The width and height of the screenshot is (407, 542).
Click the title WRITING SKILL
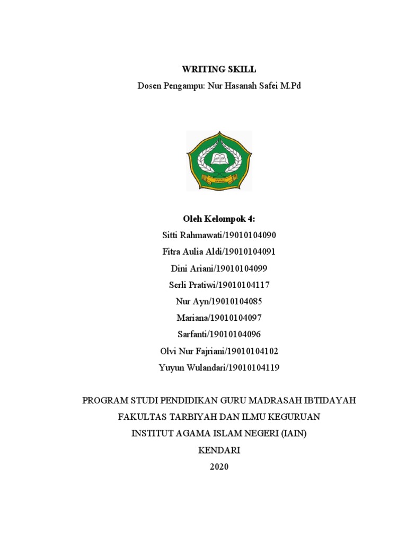click(x=219, y=69)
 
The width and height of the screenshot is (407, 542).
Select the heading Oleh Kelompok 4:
click(x=219, y=219)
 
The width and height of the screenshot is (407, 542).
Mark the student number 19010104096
click(x=236, y=335)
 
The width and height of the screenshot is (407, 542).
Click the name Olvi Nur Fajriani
click(x=193, y=351)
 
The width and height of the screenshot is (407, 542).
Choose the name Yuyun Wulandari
click(x=192, y=367)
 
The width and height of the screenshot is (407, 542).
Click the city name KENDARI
click(x=219, y=450)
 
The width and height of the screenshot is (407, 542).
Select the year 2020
click(x=219, y=467)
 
